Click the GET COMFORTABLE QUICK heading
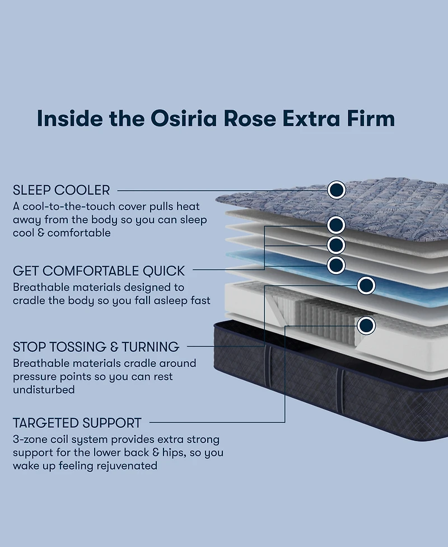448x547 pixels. tap(99, 271)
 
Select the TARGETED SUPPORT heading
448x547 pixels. tap(77, 423)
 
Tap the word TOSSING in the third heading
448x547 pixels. tap(82, 347)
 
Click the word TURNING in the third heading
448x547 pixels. tap(150, 347)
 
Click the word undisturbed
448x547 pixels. tap(44, 389)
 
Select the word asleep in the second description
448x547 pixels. tap(158, 300)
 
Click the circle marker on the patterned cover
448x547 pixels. tap(336, 190)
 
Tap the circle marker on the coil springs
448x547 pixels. tap(366, 324)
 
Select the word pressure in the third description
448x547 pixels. tap(36, 376)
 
